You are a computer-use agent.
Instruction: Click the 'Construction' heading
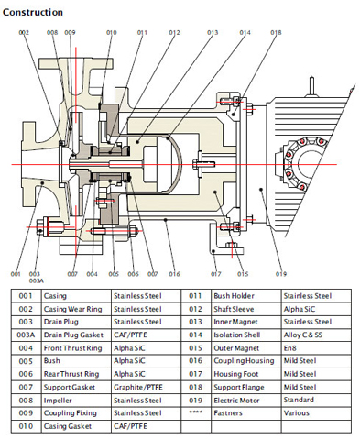(33, 12)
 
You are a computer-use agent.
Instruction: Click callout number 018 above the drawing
(276, 32)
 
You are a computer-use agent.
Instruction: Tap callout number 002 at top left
(24, 32)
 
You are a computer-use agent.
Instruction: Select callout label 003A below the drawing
(36, 280)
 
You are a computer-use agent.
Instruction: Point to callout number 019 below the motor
(281, 274)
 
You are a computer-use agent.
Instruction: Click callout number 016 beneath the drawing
(174, 274)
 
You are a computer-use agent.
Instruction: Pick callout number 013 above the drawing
(213, 32)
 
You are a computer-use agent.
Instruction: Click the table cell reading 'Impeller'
(58, 401)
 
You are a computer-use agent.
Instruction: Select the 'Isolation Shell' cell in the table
(237, 335)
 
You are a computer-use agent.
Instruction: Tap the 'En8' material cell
(289, 348)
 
